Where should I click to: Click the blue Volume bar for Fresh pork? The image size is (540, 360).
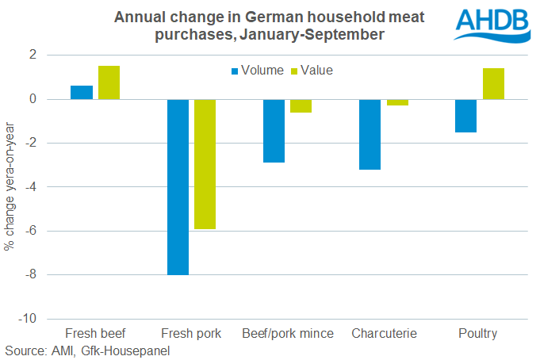(x=178, y=187)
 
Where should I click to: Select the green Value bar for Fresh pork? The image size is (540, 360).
(x=205, y=164)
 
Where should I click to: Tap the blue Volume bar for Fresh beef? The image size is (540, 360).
(x=82, y=92)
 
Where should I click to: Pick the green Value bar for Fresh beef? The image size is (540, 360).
(x=109, y=82)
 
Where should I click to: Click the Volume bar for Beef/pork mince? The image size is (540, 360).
(x=274, y=131)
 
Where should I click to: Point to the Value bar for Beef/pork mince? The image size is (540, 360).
(x=301, y=106)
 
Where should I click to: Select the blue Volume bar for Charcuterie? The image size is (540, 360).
(x=370, y=135)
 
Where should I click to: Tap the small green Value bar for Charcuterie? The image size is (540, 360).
(x=397, y=102)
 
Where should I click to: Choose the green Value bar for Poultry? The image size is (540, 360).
(x=493, y=84)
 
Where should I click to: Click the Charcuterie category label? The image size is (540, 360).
(x=384, y=334)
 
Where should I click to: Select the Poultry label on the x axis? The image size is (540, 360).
(x=478, y=334)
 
